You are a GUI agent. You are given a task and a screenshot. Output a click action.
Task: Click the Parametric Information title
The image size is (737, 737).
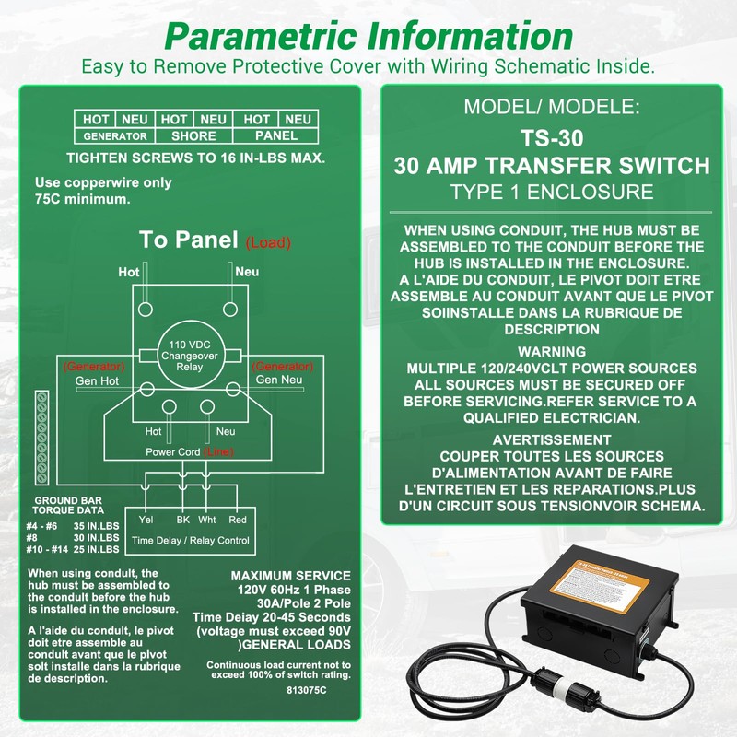368,37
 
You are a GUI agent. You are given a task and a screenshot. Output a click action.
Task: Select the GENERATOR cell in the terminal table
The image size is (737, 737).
114,135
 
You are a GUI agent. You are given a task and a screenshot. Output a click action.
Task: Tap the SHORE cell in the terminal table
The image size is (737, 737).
193,135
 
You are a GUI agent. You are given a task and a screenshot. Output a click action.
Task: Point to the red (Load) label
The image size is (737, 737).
268,243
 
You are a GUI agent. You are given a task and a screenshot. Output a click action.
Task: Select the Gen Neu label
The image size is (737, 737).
278,380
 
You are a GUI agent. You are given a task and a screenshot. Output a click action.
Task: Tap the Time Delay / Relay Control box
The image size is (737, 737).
191,532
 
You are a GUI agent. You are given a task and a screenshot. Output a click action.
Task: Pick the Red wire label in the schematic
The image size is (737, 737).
237,519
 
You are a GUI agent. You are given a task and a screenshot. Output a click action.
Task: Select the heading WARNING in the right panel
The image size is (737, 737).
551,352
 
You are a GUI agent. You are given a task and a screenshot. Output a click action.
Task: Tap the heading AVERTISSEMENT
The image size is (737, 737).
552,439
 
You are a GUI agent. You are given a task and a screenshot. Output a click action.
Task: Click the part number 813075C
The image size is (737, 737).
306,688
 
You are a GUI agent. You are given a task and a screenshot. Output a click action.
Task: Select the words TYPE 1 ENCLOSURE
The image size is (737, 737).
552,192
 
